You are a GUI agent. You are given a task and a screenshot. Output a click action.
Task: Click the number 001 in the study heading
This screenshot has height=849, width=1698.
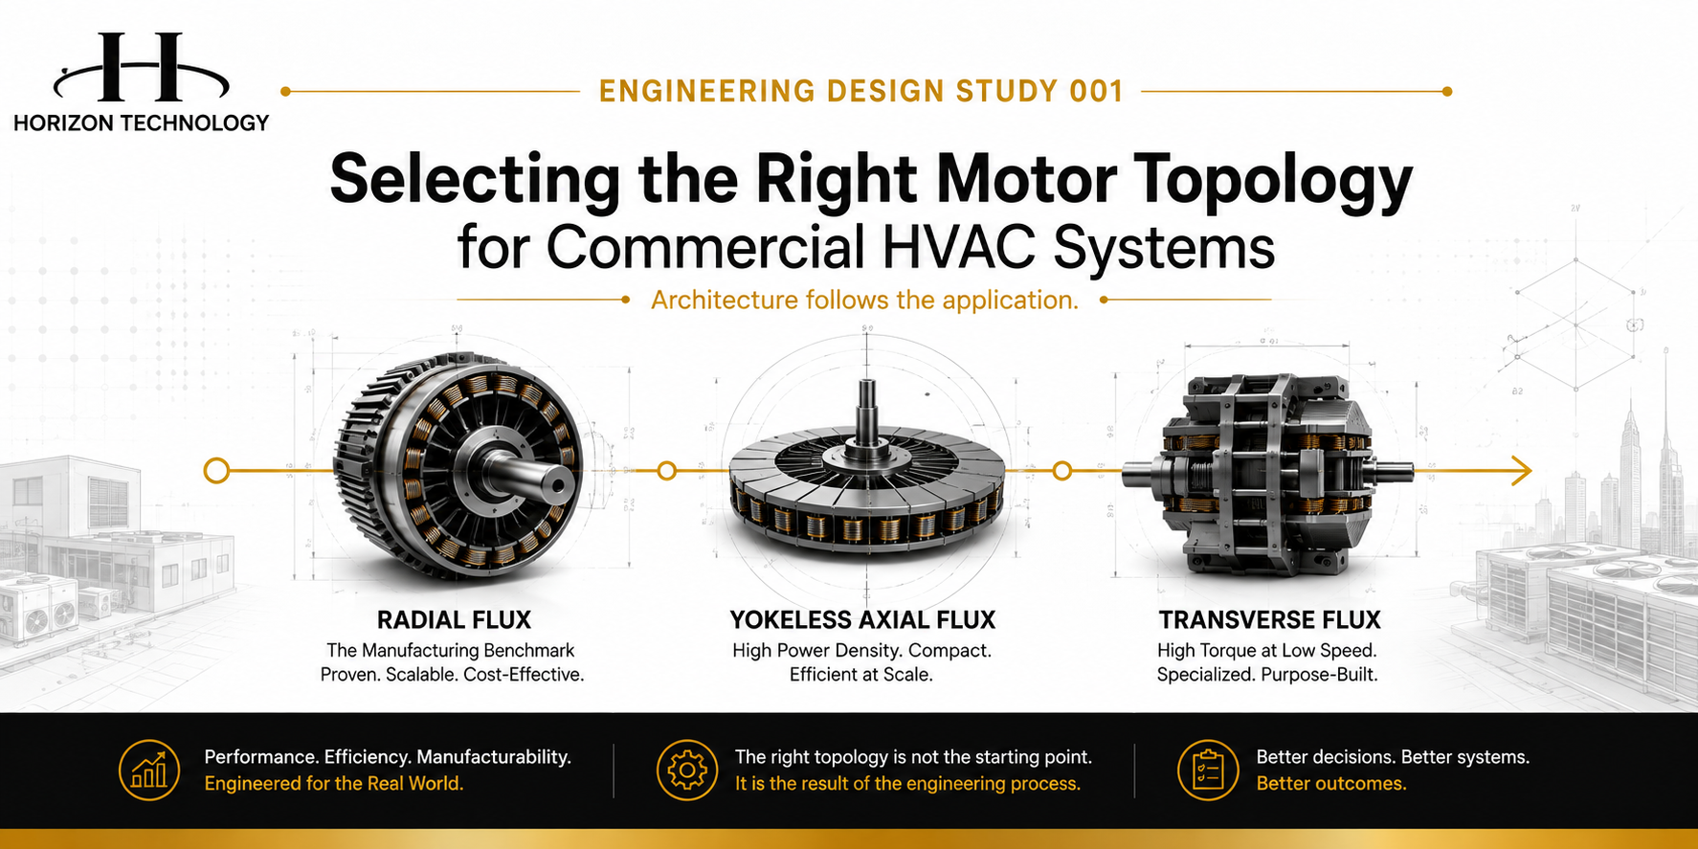tap(1096, 92)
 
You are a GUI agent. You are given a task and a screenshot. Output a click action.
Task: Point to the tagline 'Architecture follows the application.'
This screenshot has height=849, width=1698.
tap(864, 301)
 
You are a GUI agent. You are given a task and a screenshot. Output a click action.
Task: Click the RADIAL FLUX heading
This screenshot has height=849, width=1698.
tap(454, 620)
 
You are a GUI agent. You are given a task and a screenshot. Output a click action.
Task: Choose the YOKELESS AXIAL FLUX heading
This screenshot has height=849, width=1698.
tap(862, 620)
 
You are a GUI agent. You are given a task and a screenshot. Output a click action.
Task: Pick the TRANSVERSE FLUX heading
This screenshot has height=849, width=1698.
tap(1269, 620)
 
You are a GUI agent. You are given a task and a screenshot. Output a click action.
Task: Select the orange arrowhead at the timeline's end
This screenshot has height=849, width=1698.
tap(1521, 471)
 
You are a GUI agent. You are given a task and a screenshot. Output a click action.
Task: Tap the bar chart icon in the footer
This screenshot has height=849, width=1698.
tap(149, 770)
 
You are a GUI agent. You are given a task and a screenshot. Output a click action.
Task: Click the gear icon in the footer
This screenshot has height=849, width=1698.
tap(687, 770)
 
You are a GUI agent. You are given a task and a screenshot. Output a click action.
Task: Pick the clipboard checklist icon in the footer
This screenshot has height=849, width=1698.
tap(1208, 770)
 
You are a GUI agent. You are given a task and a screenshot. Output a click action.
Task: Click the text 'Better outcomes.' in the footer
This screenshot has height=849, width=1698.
tap(1331, 784)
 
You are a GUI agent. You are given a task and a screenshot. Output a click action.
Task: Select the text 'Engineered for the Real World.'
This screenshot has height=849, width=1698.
tap(334, 784)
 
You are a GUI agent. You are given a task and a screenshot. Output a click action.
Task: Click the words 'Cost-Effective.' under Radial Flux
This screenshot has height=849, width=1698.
tap(524, 675)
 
